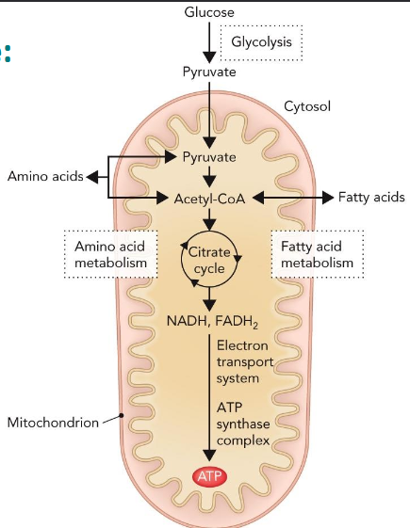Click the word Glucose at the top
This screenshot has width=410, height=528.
point(209,11)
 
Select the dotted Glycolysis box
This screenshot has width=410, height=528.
point(262,42)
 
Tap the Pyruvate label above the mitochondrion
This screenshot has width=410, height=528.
point(209,72)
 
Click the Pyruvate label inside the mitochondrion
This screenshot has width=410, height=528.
point(209,156)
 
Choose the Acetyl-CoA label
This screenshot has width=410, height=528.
point(209,198)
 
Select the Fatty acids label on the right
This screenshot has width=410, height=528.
point(372,198)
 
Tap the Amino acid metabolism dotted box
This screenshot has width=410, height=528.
point(111,254)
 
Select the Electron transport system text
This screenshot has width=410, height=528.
point(249,362)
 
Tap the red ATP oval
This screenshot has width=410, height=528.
point(209,477)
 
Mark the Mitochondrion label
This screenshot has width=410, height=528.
point(53,423)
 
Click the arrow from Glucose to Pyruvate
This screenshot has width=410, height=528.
point(209,41)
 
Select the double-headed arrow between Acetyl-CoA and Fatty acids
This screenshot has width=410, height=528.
point(287,198)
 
